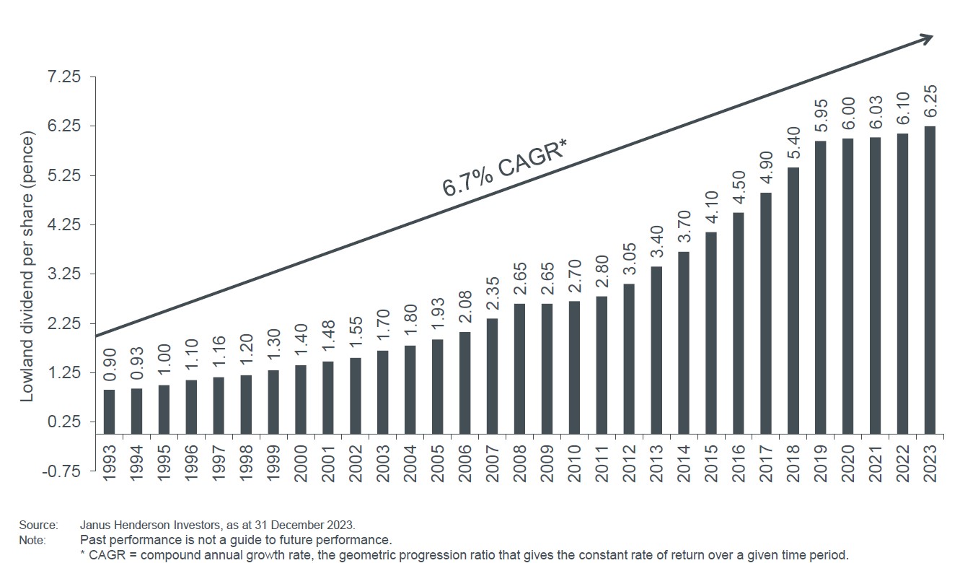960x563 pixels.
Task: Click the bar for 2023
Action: [x=930, y=280]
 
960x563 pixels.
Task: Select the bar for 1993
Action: [x=109, y=411]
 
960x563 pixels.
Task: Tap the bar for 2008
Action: [x=519, y=368]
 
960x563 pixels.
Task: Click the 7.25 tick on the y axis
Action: [x=65, y=77]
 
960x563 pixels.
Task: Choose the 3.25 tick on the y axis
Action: [x=65, y=274]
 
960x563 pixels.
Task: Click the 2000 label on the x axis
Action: [x=301, y=459]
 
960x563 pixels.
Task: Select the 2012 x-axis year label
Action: [x=629, y=459]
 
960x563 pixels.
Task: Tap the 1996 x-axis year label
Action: [x=191, y=459]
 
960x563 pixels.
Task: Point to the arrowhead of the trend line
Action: [x=927, y=40]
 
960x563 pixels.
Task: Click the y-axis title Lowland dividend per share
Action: [x=27, y=267]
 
